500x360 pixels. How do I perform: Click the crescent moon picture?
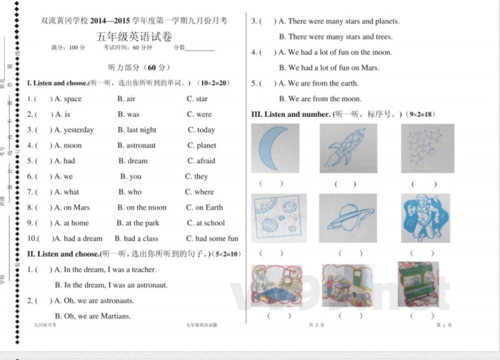coord(275,148)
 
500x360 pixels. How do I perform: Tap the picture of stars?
coord(427,148)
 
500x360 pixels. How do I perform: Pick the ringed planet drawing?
coord(347,218)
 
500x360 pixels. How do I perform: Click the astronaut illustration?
coord(425,218)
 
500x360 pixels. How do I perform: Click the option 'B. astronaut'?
coord(136,146)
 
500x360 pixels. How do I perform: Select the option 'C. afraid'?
coord(201,161)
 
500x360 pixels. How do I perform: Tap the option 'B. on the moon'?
coord(142,207)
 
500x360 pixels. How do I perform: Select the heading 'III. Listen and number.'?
coord(291,114)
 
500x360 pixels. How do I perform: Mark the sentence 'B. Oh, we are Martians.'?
coord(92,316)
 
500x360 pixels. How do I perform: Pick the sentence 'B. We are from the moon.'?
coord(320,99)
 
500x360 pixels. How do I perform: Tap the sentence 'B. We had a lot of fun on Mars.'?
coord(329,67)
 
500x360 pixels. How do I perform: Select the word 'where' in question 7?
coord(204,192)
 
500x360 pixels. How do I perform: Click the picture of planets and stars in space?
coord(275,218)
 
